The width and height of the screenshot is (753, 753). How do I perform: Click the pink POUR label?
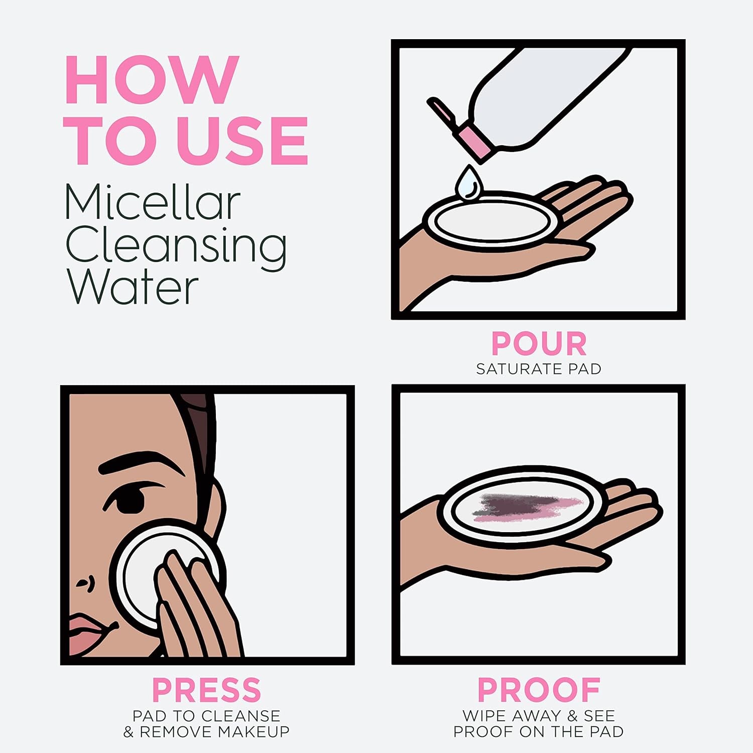pyautogui.click(x=539, y=344)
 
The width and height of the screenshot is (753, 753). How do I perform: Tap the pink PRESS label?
pyautogui.click(x=206, y=690)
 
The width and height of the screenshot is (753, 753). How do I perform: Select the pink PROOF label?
pyautogui.click(x=539, y=690)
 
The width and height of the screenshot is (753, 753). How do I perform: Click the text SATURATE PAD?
pyautogui.click(x=539, y=369)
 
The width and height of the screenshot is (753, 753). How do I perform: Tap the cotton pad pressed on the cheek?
pyautogui.click(x=141, y=572)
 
